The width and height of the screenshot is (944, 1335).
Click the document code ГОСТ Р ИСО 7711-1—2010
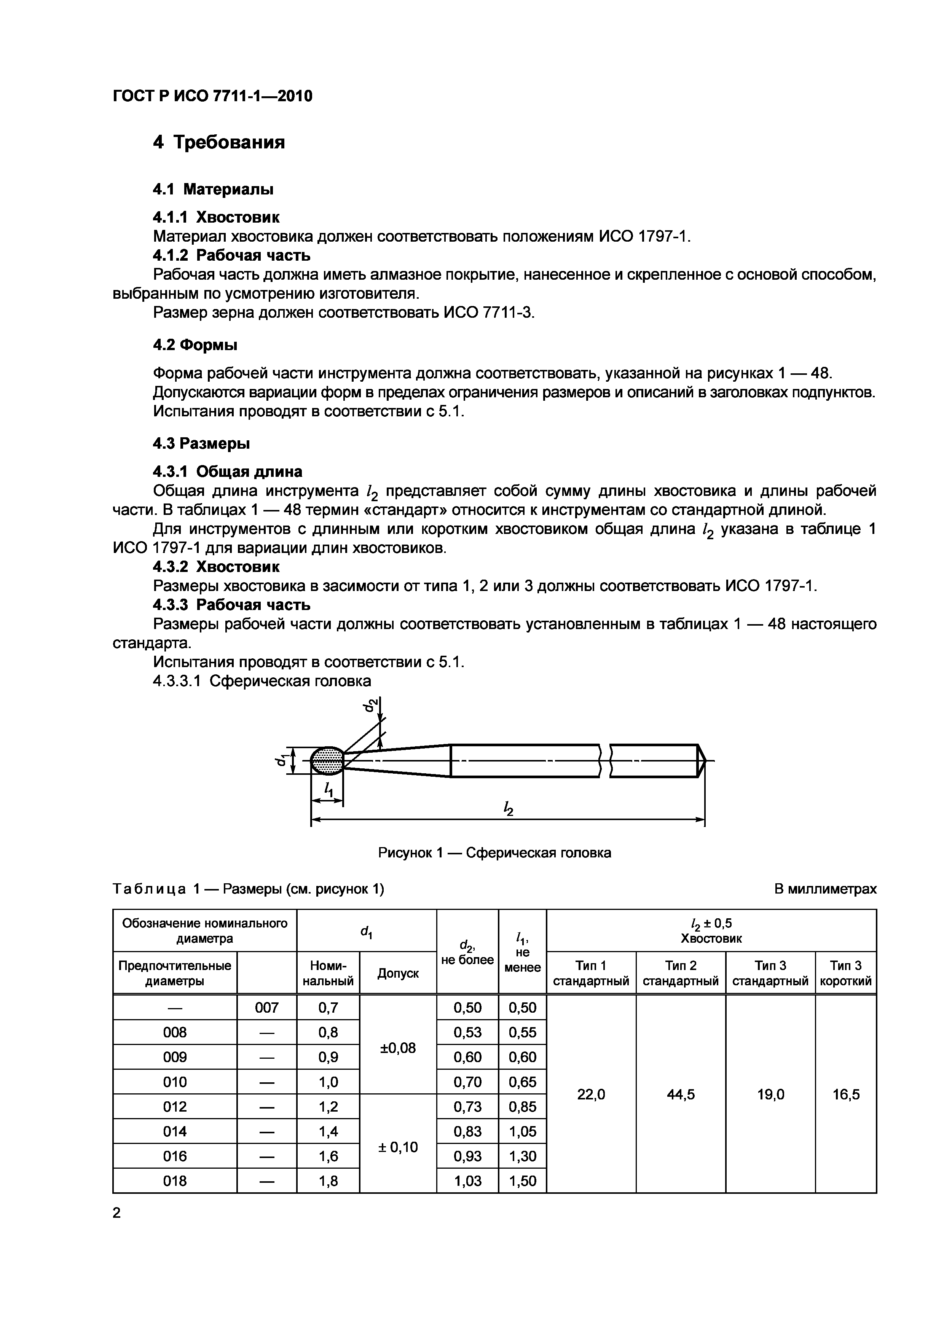pyautogui.click(x=212, y=96)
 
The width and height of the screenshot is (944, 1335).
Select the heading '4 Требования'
pyautogui.click(x=219, y=142)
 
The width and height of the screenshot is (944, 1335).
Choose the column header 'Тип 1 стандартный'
pyautogui.click(x=591, y=973)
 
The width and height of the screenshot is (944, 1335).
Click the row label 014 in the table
pyautogui.click(x=174, y=1131)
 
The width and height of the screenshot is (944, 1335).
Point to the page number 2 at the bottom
pyautogui.click(x=117, y=1213)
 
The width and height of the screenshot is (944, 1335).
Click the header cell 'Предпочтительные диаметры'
pyautogui.click(x=174, y=973)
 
